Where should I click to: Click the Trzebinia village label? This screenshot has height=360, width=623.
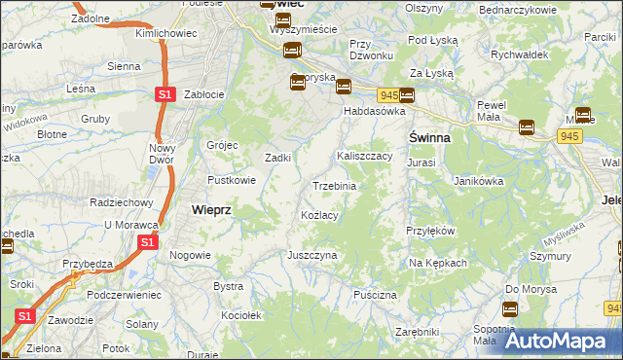tap(334, 186)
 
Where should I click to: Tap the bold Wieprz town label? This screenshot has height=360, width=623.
tap(210, 209)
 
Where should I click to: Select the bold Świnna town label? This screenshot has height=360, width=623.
tap(428, 138)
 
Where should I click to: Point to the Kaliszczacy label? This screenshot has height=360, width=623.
tap(364, 156)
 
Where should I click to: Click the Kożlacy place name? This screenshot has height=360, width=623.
tap(319, 215)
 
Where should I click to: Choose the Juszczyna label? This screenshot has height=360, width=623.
tap(311, 255)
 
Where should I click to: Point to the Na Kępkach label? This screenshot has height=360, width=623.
tap(438, 264)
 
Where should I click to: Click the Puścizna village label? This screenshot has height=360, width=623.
tap(376, 294)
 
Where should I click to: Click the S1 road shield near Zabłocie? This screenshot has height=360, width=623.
tap(165, 94)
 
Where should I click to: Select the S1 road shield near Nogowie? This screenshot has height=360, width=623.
tap(147, 242)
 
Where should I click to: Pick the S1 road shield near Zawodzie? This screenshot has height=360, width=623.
tap(26, 316)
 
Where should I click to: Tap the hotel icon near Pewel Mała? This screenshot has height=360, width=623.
tap(527, 126)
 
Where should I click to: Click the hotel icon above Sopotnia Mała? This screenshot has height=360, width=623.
tap(509, 310)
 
